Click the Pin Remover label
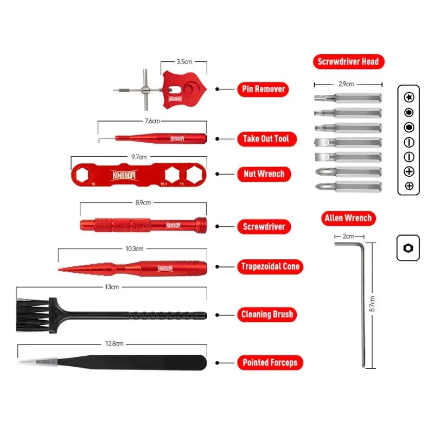263,89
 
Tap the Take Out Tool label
266,138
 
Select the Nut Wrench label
263,174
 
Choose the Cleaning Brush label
266,314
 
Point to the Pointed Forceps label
270,362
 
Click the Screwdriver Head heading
348,61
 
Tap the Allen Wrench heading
348,219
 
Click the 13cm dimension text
111,287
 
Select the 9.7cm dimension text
139,157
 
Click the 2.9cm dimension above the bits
346,84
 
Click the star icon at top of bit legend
409,97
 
